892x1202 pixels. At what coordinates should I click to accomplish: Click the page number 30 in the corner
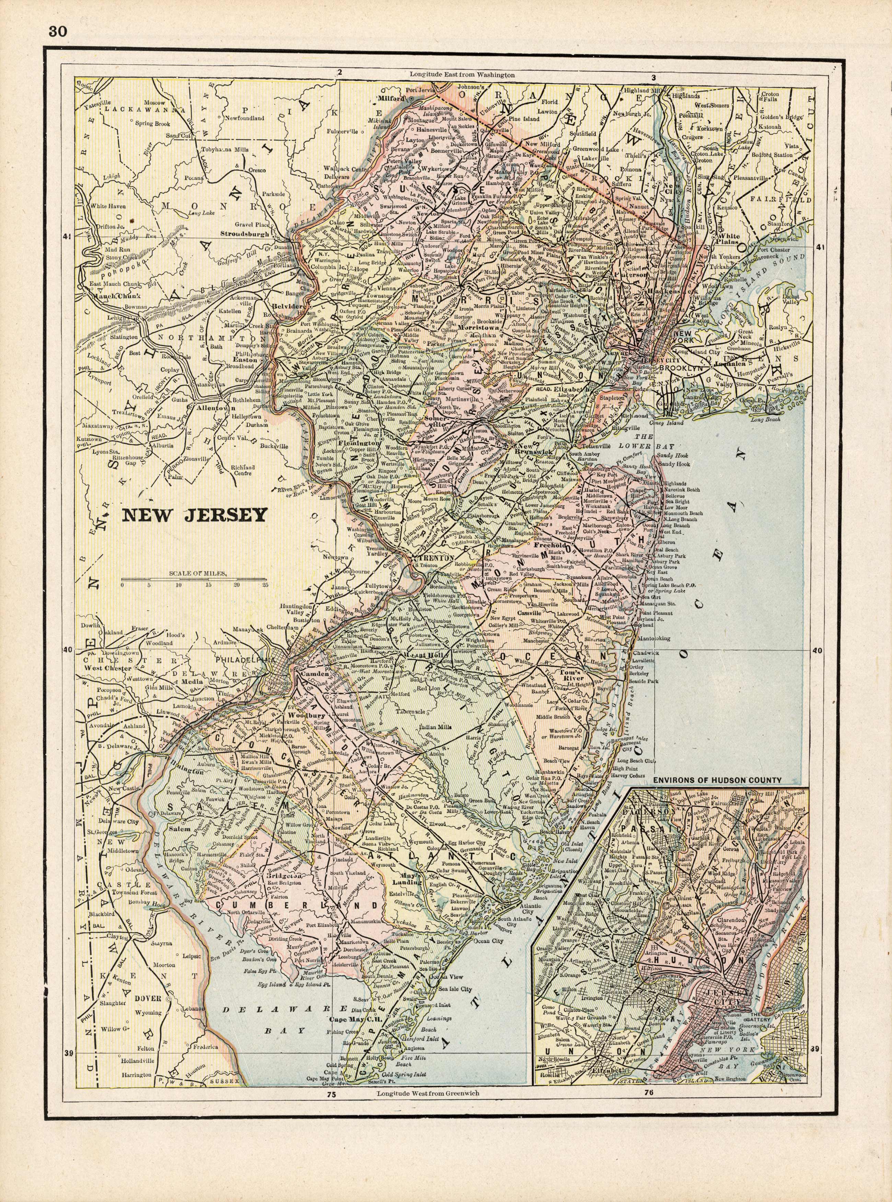[58, 31]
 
